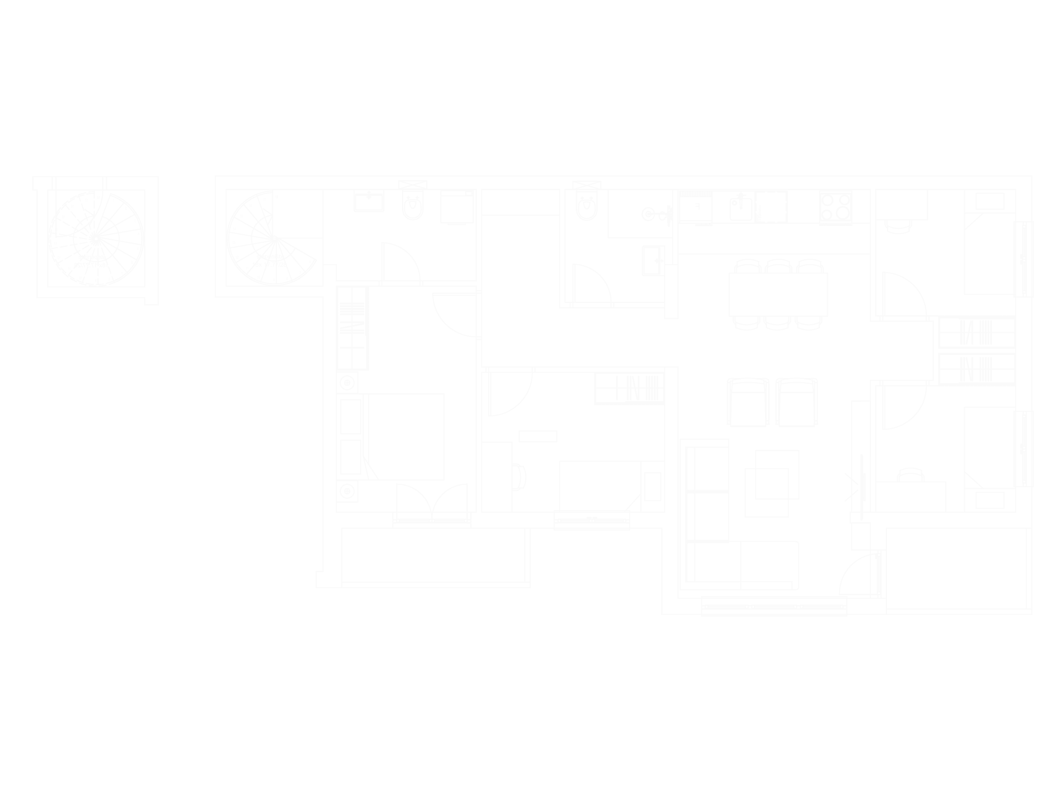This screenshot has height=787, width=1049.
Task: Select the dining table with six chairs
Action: pos(778,294)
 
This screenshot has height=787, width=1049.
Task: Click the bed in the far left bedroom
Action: pos(407,436)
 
